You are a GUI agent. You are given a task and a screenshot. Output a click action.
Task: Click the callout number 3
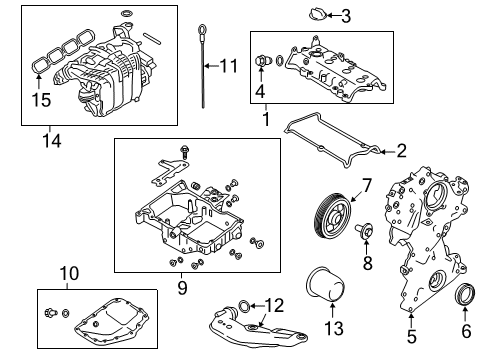[345, 15]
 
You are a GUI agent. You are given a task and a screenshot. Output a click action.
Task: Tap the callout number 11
[229, 67]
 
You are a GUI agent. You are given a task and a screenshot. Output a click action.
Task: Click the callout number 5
[411, 338]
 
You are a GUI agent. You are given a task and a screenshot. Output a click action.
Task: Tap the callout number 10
[68, 272]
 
